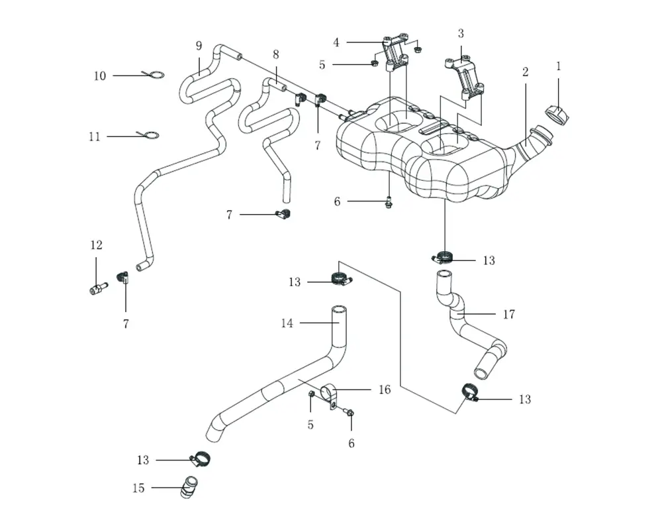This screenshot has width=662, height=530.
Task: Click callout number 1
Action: [x=558, y=66]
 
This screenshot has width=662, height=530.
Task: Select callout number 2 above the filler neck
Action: [x=525, y=72]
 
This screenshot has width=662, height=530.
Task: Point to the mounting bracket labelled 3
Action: [x=466, y=78]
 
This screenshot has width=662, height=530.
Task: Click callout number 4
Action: [x=336, y=43]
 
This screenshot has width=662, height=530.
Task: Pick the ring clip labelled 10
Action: [x=154, y=75]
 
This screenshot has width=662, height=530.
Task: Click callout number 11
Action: [x=95, y=136]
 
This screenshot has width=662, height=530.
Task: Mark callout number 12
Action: [x=96, y=245]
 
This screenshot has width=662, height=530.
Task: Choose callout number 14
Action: [x=287, y=323]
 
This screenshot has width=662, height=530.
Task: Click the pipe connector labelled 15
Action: [x=189, y=488]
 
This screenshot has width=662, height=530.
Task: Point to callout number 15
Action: [x=138, y=488]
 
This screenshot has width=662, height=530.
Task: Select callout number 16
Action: [x=385, y=390]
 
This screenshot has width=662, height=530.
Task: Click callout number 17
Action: [x=508, y=315]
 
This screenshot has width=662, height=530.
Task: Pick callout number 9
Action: [x=199, y=46]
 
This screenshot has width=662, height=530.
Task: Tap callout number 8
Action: [x=275, y=54]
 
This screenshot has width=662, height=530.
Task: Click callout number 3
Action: [x=461, y=33]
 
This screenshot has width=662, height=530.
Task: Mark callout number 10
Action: [x=99, y=76]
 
